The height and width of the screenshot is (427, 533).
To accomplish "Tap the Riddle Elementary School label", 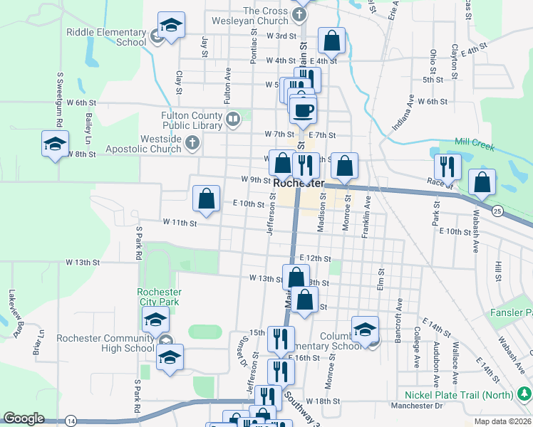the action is (105, 37).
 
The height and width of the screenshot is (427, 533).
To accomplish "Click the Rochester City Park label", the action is (160, 297).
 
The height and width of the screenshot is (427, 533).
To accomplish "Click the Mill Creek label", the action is (475, 144).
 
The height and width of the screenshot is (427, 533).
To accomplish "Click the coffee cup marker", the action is (304, 110).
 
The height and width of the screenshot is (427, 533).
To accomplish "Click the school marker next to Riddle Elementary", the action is (170, 27).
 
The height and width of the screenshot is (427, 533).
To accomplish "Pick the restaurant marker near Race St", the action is (447, 167).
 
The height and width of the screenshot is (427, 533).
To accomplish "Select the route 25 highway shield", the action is (497, 210).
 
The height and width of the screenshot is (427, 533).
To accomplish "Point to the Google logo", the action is (24, 418).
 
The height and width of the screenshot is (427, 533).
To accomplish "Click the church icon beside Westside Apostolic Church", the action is (192, 144).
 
